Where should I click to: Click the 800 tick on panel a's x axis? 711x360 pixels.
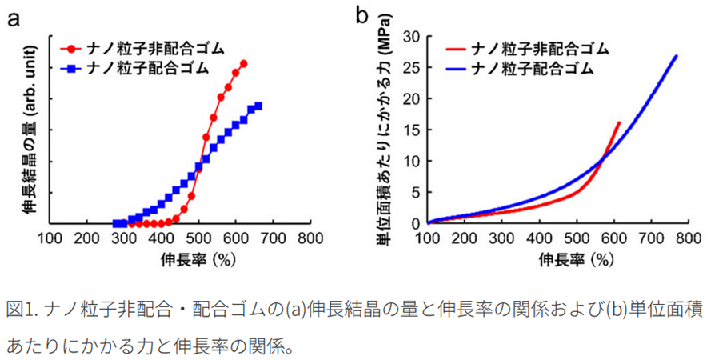pos(309,238)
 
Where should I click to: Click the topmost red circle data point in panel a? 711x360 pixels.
pos(243,64)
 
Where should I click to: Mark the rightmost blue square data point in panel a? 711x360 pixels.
pos(258,106)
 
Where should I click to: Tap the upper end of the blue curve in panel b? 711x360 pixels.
pos(677,56)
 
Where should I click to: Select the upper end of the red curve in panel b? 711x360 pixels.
pos(619,123)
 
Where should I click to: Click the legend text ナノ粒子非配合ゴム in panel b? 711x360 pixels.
pos(541,49)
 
